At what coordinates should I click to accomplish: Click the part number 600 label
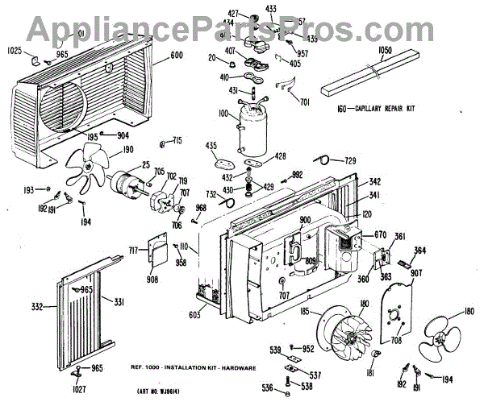coord(177,56)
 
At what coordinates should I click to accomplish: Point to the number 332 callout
coord(36,307)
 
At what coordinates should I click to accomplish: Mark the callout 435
coord(212,146)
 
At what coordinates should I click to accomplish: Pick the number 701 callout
coord(305,102)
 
